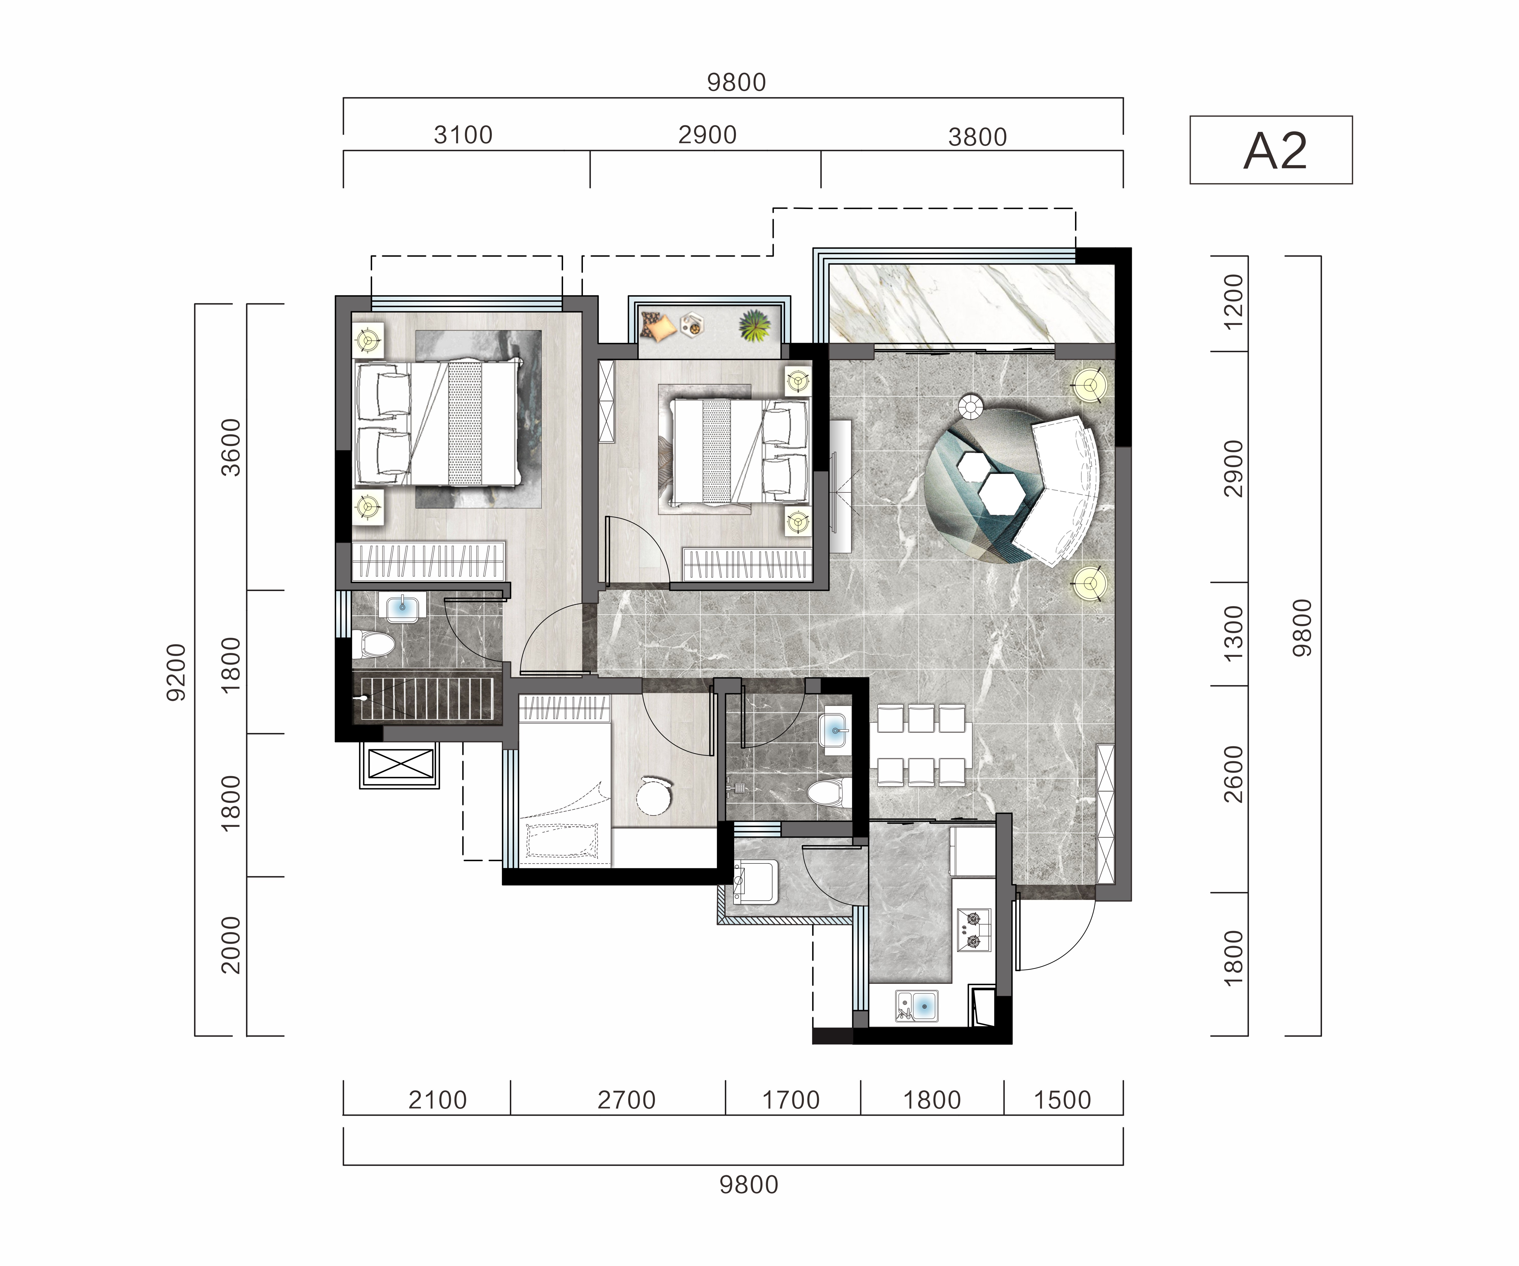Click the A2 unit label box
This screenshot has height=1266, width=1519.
tap(1271, 150)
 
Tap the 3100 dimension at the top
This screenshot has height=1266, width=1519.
tap(463, 135)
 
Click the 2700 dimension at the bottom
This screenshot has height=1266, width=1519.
tap(626, 1100)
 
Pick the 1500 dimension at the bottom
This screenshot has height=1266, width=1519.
tap(1062, 1100)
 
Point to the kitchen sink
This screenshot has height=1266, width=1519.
tap(917, 1006)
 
